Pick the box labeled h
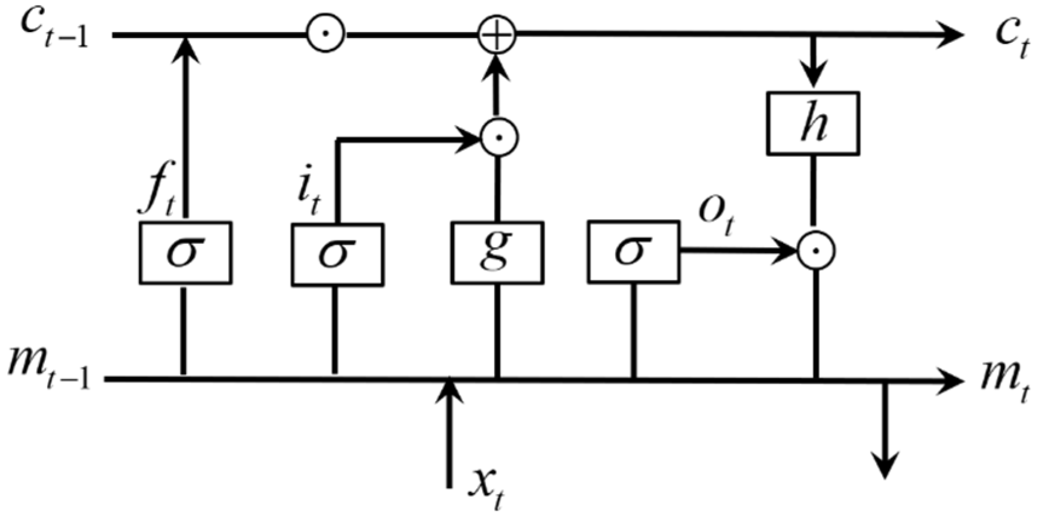[813, 123]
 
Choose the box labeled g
[497, 253]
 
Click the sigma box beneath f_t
[185, 253]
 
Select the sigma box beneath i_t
[337, 253]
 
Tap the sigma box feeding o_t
[633, 251]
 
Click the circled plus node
[497, 34]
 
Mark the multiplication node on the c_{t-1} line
[326, 34]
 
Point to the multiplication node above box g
[499, 138]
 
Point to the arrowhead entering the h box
[814, 77]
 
